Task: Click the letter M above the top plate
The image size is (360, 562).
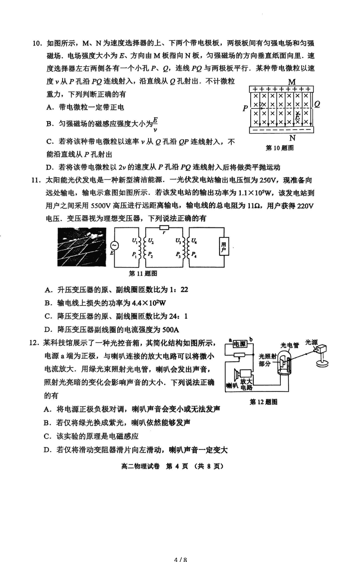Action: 292,82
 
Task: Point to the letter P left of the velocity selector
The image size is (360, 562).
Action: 245,109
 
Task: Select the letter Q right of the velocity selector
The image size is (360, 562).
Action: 317,104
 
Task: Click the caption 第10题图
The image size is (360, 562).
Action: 279,147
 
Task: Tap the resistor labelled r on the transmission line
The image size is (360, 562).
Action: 164,231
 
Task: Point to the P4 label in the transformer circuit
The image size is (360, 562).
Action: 194,254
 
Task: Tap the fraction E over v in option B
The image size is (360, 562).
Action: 155,123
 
